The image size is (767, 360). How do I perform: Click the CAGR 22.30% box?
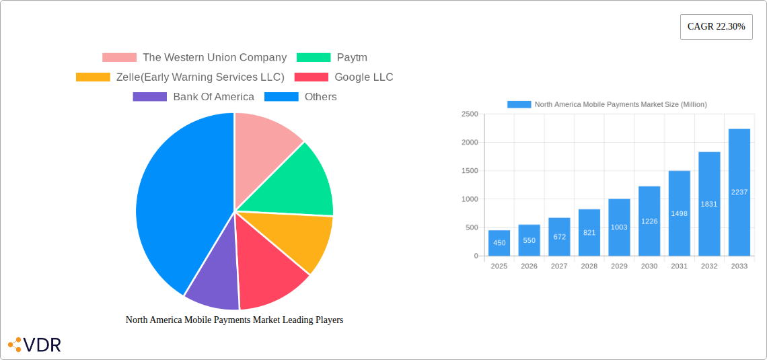[716, 27]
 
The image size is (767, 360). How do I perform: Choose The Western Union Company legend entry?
[194, 58]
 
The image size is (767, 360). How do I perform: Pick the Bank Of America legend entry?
[194, 97]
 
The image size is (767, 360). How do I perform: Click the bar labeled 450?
[499, 243]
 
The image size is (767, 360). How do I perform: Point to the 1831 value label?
[709, 205]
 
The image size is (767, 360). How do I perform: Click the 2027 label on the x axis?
[559, 266]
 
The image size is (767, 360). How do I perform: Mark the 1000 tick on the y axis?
[470, 199]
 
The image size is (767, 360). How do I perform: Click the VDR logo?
[34, 345]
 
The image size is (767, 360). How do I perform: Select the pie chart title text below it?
[234, 320]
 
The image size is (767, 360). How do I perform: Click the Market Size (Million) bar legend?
[607, 104]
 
